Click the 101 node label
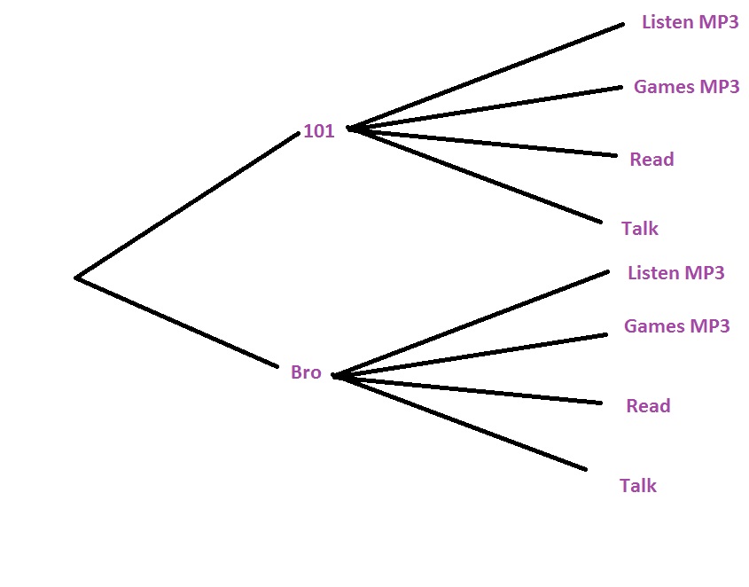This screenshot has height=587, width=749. [319, 131]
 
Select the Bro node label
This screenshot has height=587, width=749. [306, 372]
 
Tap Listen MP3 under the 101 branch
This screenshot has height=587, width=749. [690, 22]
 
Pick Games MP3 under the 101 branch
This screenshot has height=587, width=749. [686, 87]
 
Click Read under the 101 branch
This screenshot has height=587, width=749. [651, 160]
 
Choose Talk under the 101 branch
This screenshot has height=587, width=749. [640, 229]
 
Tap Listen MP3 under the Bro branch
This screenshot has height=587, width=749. [675, 272]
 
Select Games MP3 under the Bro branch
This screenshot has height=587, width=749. [676, 325]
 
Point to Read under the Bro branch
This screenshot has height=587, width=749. [648, 406]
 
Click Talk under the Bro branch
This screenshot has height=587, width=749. [638, 485]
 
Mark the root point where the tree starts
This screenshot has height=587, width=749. [77, 278]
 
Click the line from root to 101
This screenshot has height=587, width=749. [188, 205]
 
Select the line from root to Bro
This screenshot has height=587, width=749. [177, 322]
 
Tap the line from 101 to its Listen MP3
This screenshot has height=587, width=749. [488, 76]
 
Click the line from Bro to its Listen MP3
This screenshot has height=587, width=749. [472, 323]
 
